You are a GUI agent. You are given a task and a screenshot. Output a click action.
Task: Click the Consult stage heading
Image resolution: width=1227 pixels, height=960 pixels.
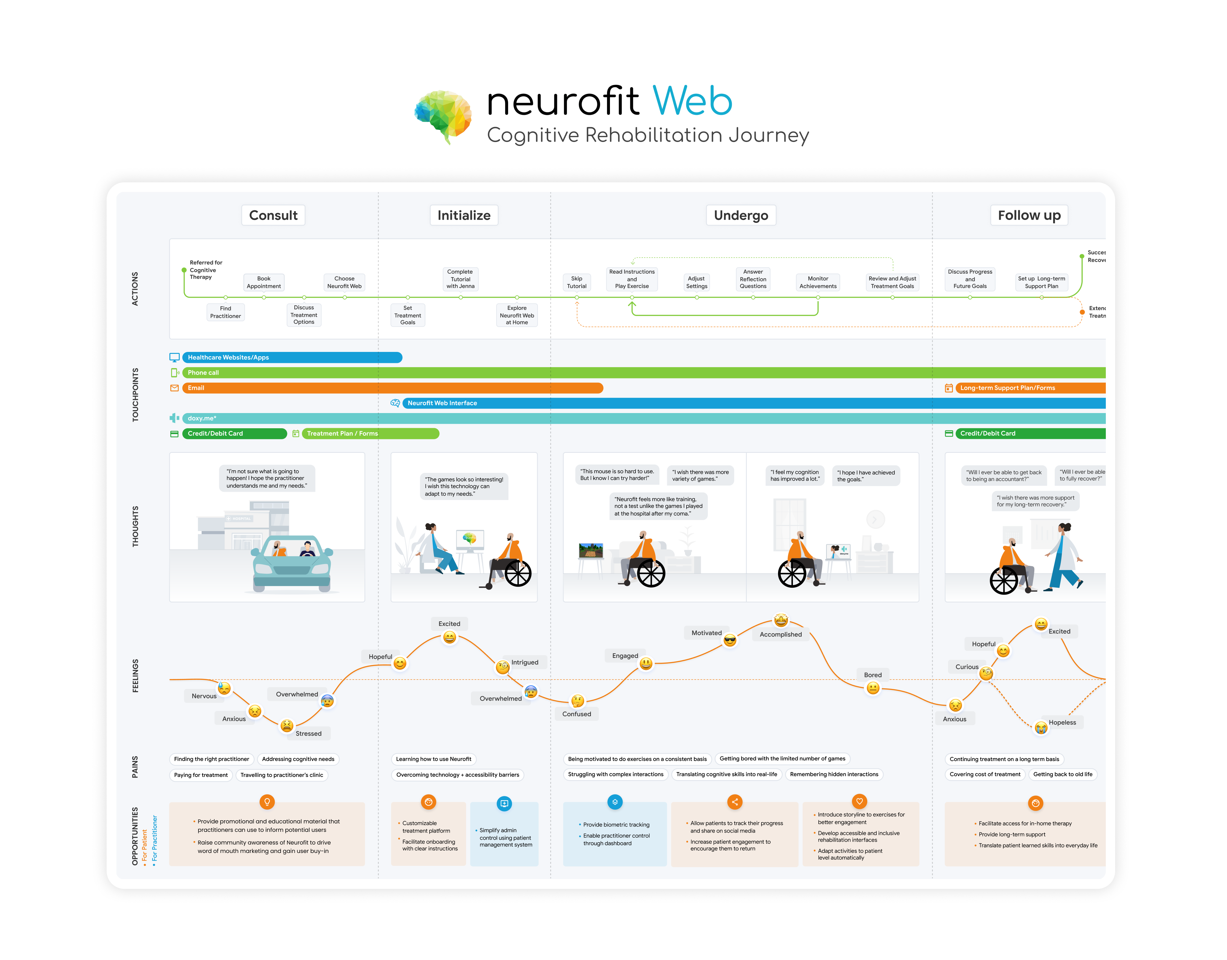coord(273,215)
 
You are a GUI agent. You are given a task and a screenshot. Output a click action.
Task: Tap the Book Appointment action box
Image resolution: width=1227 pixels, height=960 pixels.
coord(263,282)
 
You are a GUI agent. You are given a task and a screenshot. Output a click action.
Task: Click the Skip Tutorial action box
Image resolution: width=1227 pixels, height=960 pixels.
coord(576,282)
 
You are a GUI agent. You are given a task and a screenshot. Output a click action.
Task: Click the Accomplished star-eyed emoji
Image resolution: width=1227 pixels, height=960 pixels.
coord(781,620)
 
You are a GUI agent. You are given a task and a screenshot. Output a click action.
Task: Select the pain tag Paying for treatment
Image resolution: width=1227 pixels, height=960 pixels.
coord(200,775)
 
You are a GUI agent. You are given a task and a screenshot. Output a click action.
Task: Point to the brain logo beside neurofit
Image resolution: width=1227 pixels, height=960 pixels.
coord(443,116)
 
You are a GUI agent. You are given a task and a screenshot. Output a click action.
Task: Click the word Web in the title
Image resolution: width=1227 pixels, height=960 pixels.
coord(692,102)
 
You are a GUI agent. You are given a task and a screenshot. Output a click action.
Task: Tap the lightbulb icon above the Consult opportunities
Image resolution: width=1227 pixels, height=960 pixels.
coord(267,802)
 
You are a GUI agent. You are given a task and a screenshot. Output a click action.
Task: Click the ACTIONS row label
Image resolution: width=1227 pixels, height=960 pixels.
coord(135,289)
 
